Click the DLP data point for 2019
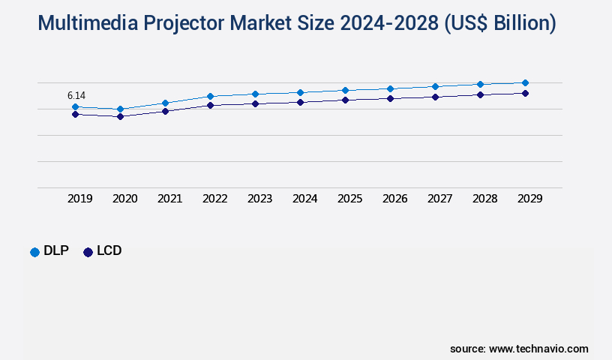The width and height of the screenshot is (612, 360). pyautogui.click(x=75, y=107)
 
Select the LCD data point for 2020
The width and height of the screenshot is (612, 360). pyautogui.click(x=120, y=116)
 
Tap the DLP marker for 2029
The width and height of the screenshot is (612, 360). pyautogui.click(x=525, y=82)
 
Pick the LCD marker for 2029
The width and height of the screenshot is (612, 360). pyautogui.click(x=525, y=93)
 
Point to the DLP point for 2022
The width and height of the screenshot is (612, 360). pyautogui.click(x=210, y=96)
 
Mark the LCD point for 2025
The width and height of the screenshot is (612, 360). pyautogui.click(x=345, y=100)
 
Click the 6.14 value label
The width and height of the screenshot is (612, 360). pyautogui.click(x=76, y=95)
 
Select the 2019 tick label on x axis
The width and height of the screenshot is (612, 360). pyautogui.click(x=80, y=199)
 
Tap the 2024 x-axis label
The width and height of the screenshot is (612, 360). pyautogui.click(x=305, y=199)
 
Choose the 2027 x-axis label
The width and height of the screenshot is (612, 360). pyautogui.click(x=440, y=199)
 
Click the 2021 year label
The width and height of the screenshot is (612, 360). pyautogui.click(x=170, y=199)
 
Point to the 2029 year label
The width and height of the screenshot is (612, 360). pyautogui.click(x=530, y=199)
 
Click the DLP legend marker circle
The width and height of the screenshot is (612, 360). pyautogui.click(x=34, y=252)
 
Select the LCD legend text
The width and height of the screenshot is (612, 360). pyautogui.click(x=109, y=251)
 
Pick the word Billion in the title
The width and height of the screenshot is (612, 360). pyautogui.click(x=517, y=24)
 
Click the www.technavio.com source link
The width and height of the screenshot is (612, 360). pyautogui.click(x=538, y=349)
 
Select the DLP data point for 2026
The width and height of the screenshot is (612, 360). pyautogui.click(x=390, y=88)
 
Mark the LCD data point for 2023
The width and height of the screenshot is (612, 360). pyautogui.click(x=255, y=103)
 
